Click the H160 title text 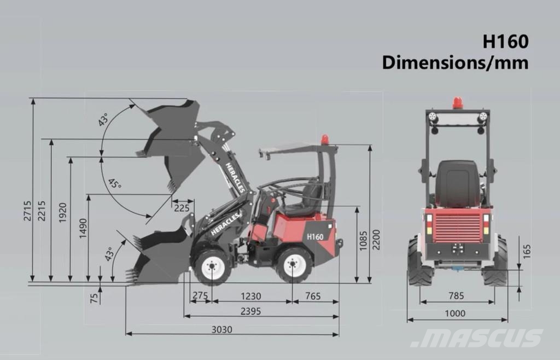[x=505, y=42]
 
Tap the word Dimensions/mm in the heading [x=456, y=62]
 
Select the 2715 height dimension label [x=27, y=211]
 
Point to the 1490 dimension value [x=83, y=229]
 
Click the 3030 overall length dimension [x=222, y=329]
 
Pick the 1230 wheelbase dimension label [x=250, y=296]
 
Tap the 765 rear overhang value [x=312, y=296]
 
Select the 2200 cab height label [x=376, y=240]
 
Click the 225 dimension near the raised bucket [x=182, y=207]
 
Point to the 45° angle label [x=115, y=184]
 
